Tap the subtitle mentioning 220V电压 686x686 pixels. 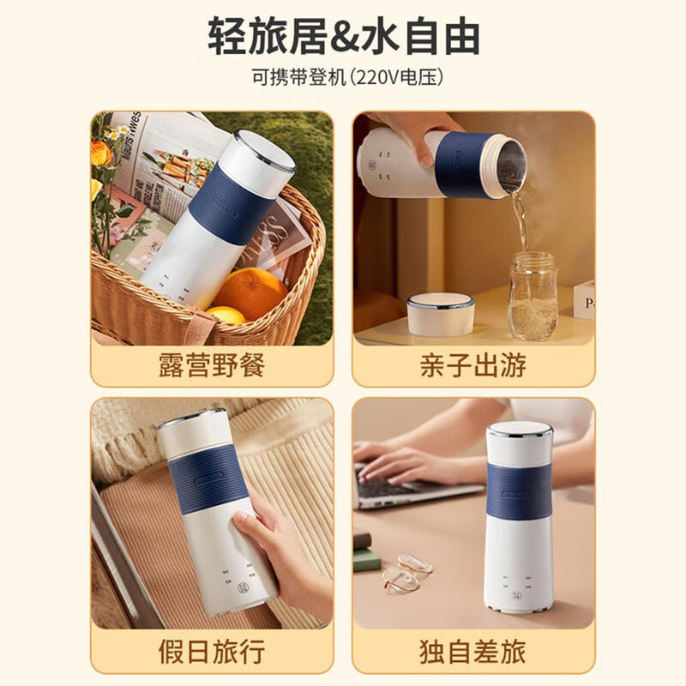tap(343, 78)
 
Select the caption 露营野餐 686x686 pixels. tap(212, 364)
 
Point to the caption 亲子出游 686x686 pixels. tap(473, 364)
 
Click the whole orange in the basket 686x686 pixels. tap(250, 292)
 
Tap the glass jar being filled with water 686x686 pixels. tap(533, 296)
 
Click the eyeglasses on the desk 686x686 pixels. tap(403, 573)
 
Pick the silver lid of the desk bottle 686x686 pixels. tap(520, 428)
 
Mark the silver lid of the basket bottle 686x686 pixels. tap(264, 150)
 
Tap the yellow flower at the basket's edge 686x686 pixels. tap(101, 153)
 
